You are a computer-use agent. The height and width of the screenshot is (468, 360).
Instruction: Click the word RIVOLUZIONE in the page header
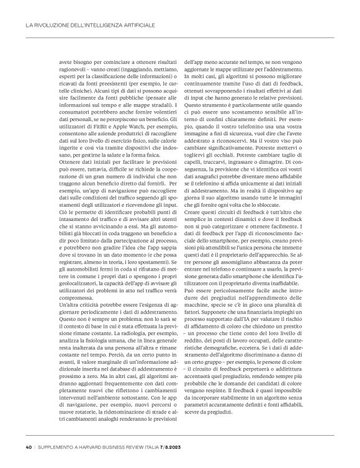[49, 25]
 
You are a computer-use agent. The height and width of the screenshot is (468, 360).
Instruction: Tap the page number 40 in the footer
[29, 446]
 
